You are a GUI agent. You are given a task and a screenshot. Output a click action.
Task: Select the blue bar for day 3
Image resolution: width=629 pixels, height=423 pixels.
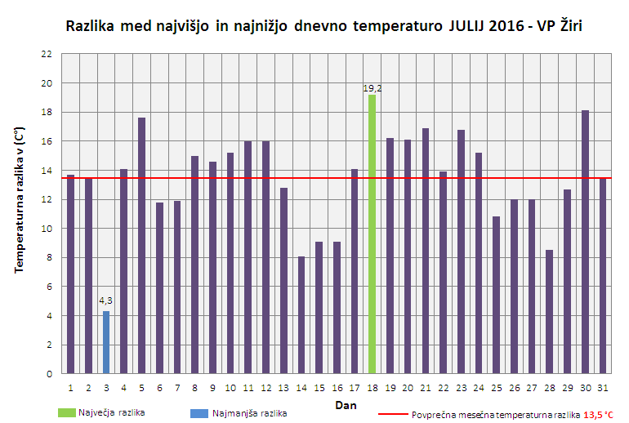106,342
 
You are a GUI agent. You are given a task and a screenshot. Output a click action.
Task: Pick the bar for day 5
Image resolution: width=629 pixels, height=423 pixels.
141,246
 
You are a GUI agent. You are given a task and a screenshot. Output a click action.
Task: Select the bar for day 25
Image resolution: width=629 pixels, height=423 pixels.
496,295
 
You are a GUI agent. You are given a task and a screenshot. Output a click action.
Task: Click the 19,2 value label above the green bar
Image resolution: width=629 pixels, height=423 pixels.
372,87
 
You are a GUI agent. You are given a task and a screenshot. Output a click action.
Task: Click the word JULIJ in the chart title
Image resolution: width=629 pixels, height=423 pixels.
457,26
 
